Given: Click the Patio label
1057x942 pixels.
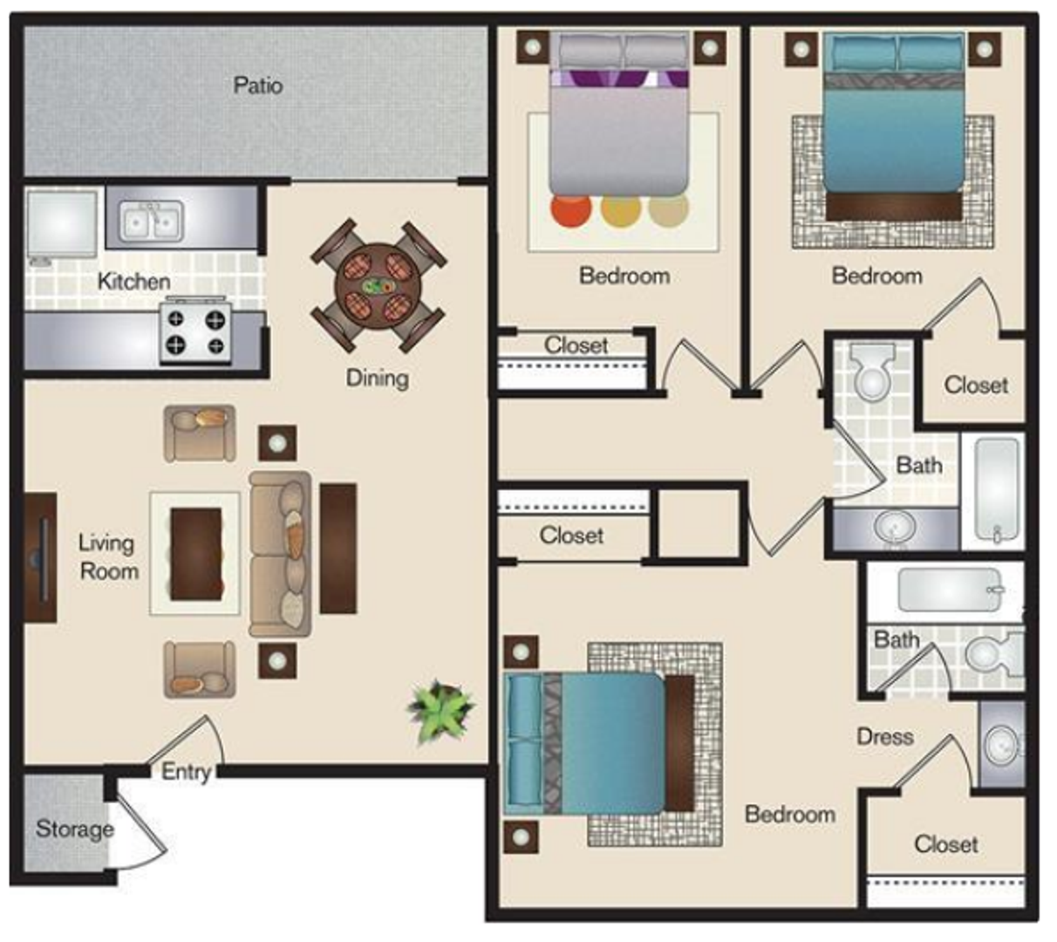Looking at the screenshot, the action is click(258, 85).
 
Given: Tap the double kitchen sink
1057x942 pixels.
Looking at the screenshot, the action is click(151, 221).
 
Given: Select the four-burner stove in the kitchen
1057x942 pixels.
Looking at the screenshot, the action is click(195, 331).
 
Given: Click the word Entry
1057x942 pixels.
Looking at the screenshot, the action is click(186, 771).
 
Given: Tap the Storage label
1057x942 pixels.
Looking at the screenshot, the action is click(75, 829).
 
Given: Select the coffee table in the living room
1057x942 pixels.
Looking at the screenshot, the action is click(195, 554).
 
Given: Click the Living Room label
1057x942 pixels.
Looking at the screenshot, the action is click(108, 557).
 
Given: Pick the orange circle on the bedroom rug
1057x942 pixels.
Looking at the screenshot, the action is click(570, 210).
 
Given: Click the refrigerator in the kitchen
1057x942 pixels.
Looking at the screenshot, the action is click(62, 224).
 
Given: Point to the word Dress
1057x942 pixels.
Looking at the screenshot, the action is click(885, 737).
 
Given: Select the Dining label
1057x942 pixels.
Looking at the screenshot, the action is click(378, 378).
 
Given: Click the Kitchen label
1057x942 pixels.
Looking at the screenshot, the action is click(134, 282).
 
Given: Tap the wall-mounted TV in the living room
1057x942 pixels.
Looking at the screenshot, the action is click(41, 557).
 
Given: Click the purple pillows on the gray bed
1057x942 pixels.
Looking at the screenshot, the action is click(619, 78).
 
